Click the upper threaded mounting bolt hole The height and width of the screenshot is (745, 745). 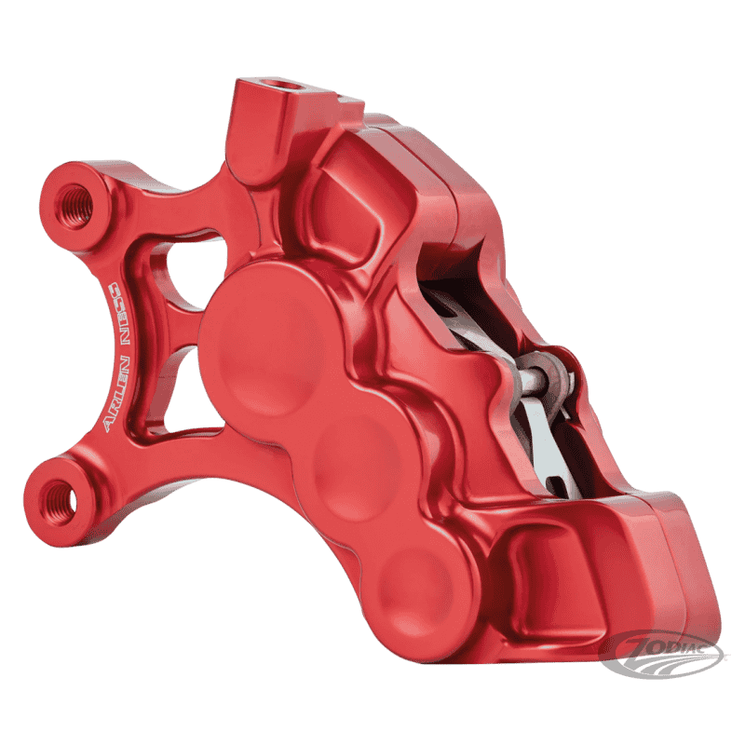tap(74, 205)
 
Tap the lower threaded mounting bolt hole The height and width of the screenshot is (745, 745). tap(58, 502)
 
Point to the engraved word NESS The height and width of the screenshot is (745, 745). tap(116, 314)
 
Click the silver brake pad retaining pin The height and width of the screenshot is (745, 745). tap(537, 376)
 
